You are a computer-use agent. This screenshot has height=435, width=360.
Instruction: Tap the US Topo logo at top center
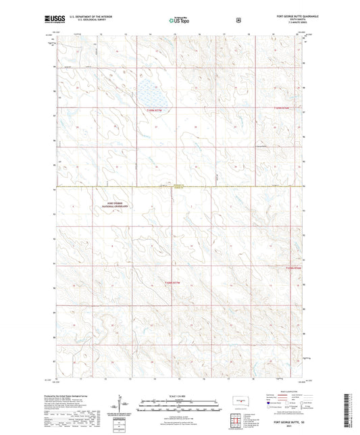178,20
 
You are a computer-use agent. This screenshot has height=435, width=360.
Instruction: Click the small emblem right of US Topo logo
238,20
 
